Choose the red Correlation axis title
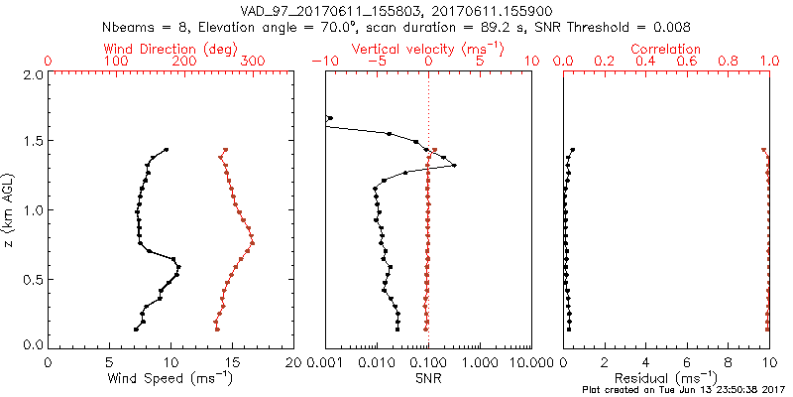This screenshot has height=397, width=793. click(x=668, y=49)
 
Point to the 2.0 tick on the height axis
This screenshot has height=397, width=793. click(x=33, y=74)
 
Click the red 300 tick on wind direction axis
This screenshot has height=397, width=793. click(x=252, y=62)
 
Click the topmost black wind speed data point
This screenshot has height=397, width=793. click(x=166, y=150)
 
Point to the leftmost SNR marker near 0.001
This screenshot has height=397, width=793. click(x=329, y=118)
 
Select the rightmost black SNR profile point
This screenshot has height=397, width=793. click(x=455, y=166)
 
